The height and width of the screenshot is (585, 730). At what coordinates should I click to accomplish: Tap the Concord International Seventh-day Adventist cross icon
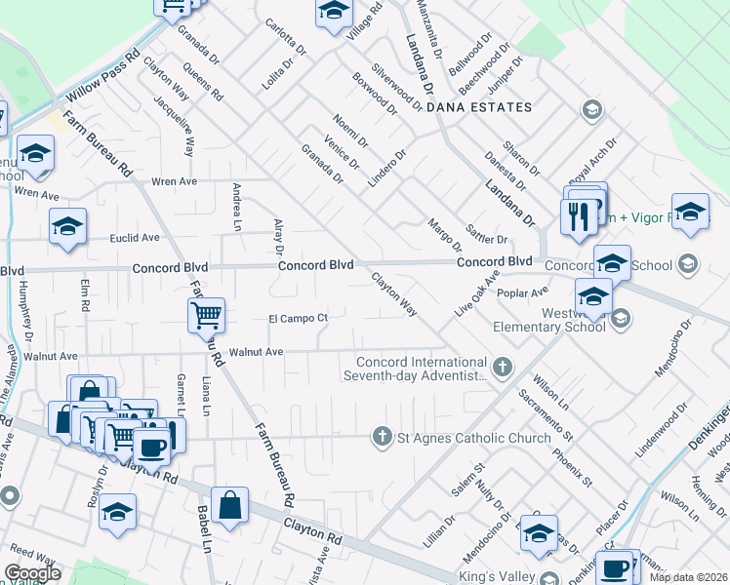click(x=502, y=368)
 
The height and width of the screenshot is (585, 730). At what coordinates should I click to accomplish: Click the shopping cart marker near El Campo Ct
click(x=206, y=314)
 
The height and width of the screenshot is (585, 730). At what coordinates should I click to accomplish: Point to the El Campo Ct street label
click(x=298, y=318)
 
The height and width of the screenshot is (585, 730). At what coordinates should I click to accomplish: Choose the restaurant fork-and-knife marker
click(x=579, y=215)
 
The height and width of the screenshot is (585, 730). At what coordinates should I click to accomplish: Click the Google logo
click(x=32, y=573)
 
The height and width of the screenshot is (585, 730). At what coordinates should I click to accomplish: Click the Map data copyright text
click(x=688, y=577)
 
